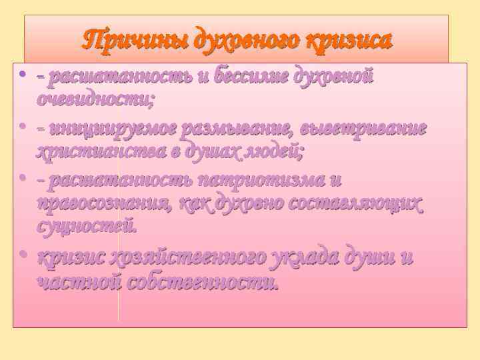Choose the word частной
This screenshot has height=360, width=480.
(77, 282)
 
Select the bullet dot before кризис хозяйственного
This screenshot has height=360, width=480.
(22, 254)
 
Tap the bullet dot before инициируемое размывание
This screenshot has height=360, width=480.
(22, 125)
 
